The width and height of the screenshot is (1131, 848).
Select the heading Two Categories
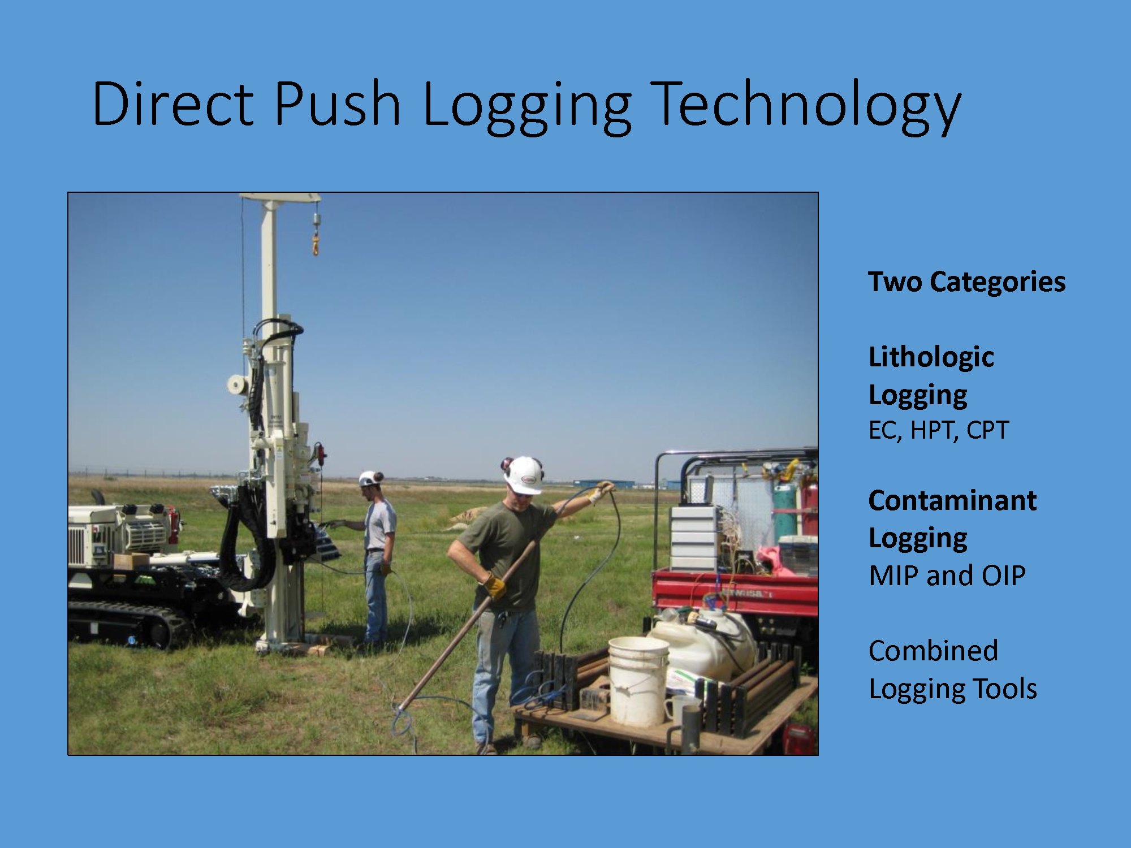(x=966, y=282)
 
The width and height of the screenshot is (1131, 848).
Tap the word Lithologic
(x=931, y=357)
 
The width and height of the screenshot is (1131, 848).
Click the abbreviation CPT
(x=987, y=430)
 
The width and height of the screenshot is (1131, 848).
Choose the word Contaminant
(x=952, y=501)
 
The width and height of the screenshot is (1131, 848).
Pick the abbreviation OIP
(x=1003, y=576)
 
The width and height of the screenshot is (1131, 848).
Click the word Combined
(x=933, y=651)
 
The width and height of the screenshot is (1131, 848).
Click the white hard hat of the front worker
(x=524, y=475)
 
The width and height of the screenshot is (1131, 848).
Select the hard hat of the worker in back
(x=370, y=478)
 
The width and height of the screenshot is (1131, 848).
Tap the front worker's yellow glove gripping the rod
(x=494, y=586)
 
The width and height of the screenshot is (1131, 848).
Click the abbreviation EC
(x=884, y=431)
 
